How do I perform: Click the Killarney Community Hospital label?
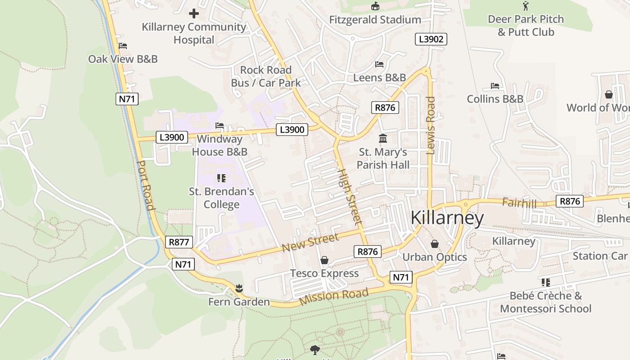pos(194,33)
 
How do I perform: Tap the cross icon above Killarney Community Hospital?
pos(194,13)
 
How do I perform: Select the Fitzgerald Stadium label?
pos(375,20)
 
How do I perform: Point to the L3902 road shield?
pos(431,39)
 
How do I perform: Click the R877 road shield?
pos(179,242)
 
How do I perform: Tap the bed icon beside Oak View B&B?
pos(123,46)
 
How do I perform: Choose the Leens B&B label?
pos(379,77)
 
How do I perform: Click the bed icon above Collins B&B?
pos(495,86)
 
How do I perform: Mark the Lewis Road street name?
pos(431,126)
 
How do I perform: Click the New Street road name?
pos(310,243)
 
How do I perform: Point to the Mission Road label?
pos(333,297)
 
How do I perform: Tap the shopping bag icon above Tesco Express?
pos(324,260)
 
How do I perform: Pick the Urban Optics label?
pos(434,257)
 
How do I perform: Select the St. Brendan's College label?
pos(221,198)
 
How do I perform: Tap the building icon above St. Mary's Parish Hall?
pos(383,138)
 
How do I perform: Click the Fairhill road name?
pos(519,203)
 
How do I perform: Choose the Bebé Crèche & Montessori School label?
pos(545,302)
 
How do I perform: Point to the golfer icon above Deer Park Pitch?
pos(526,6)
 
